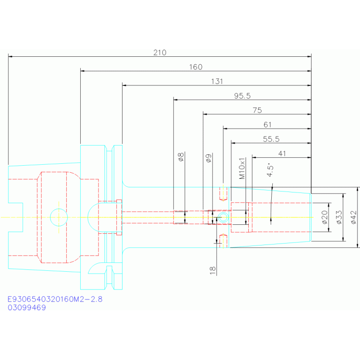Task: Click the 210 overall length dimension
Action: pos(160,53)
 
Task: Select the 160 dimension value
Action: pos(196,67)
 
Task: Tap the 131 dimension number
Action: pos(217,82)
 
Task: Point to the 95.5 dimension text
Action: pos(242,96)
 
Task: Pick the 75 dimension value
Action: pos(257,110)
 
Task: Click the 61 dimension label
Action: pos(268,125)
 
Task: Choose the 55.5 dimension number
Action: pos(271,139)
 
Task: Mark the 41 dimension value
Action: pos(282,153)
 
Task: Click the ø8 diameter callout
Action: pos(181,157)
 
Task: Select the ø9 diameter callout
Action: pos(208,158)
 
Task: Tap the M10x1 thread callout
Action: pos(242,169)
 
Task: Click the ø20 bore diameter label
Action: pos(324,217)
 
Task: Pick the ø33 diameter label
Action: pos(339,217)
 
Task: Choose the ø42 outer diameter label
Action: pos(353,217)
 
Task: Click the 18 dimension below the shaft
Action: pos(213,270)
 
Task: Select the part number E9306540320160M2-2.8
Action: pos(55,299)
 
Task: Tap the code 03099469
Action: pos(27,307)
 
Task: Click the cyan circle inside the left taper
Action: pos(59,208)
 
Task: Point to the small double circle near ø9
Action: pos(223,213)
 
